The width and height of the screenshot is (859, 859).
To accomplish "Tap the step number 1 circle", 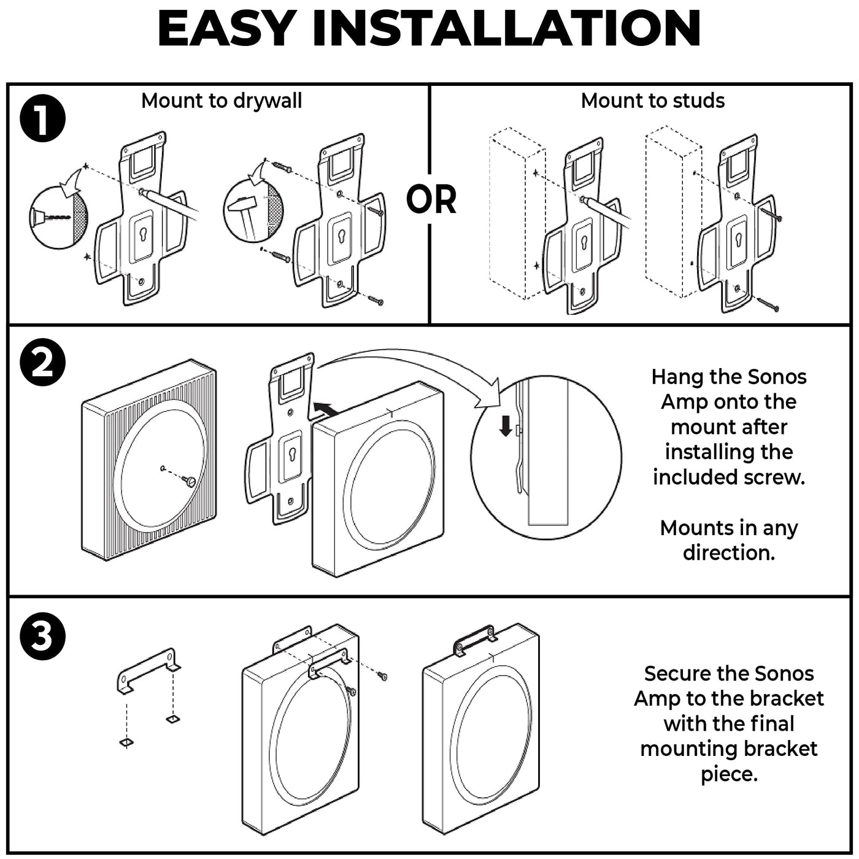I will click(42, 120).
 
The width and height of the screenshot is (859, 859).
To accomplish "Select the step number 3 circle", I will click(42, 636).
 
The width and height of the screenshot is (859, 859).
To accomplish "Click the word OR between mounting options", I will click(431, 199).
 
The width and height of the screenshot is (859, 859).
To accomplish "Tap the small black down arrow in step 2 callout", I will click(506, 426).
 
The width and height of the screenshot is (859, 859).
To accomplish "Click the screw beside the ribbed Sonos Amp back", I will click(190, 482).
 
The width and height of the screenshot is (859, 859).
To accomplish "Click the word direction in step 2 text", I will click(729, 552).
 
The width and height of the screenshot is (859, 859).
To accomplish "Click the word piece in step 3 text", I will click(729, 774).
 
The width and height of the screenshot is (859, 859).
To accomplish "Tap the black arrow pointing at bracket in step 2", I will click(325, 408).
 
